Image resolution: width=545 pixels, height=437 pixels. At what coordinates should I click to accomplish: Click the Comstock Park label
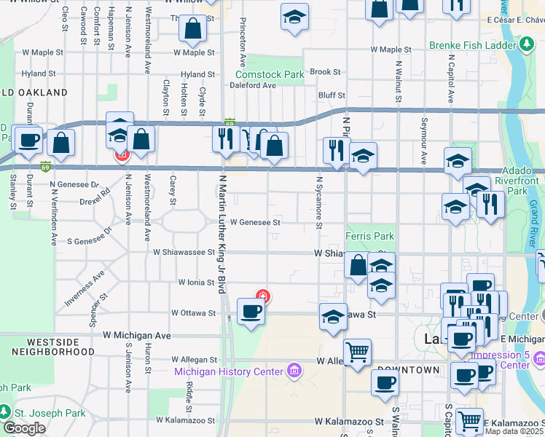[x=270, y=74]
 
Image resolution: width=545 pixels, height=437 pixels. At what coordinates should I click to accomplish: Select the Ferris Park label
[x=370, y=237]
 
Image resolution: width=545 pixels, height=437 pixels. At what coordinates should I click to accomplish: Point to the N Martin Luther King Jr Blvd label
[x=221, y=233]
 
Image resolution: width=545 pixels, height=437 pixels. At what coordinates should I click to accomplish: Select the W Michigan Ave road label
[x=136, y=336]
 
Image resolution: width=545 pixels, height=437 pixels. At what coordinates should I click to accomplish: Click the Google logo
[x=24, y=428]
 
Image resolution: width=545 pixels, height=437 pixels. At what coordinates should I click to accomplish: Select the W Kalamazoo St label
[x=349, y=422]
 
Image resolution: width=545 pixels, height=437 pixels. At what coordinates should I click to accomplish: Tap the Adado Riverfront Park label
[x=515, y=180]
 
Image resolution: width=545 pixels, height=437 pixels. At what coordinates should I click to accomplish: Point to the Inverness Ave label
[x=85, y=287]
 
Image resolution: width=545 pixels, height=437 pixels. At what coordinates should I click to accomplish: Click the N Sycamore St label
[x=318, y=201]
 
